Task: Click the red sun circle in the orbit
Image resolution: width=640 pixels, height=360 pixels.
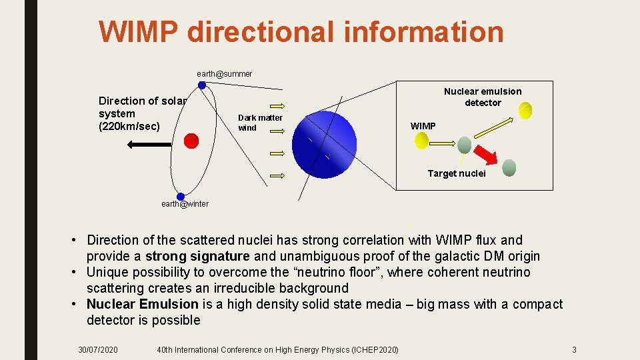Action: pos(191,140)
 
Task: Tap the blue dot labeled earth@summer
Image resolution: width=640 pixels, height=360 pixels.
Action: pos(201,85)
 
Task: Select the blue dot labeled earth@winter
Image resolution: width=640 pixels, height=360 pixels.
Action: pos(180,196)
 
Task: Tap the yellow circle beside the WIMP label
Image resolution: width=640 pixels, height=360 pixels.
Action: pos(421,140)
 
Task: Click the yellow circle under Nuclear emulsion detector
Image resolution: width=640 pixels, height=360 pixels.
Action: pos(525,111)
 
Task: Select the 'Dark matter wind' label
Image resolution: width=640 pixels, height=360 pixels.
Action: pos(260,123)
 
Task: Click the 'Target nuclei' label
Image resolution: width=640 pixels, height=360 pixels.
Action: pos(457,173)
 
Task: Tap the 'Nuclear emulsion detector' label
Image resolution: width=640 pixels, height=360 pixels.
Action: pos(483,97)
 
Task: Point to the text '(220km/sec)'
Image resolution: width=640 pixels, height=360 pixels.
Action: pos(129,126)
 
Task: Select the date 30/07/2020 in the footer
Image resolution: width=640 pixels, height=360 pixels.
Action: pos(98,350)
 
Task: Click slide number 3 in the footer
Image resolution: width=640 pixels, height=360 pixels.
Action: pos(574,350)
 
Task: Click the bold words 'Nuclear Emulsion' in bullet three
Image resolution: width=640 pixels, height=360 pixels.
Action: pos(142,304)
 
